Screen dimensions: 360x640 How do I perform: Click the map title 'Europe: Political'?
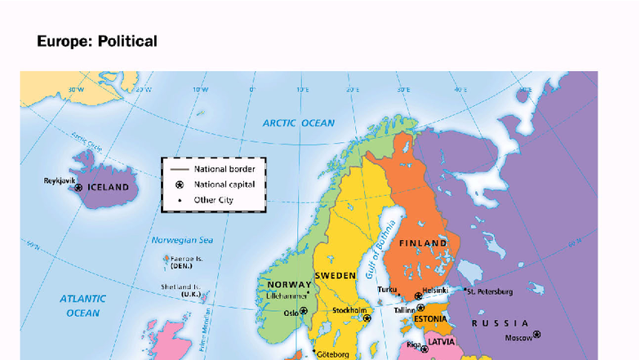(x=97, y=41)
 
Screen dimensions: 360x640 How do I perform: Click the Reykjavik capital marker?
(x=78, y=188)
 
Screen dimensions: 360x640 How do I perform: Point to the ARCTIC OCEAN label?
(x=298, y=123)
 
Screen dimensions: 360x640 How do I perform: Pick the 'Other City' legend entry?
(x=214, y=199)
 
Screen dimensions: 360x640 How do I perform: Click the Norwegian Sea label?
(x=182, y=240)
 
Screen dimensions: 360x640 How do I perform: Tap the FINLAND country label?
(x=423, y=243)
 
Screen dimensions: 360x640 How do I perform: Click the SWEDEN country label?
(x=336, y=276)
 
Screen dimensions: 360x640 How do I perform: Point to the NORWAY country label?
(x=284, y=285)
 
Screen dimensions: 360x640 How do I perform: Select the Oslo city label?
(x=291, y=312)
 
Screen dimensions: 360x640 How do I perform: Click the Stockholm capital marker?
(x=367, y=318)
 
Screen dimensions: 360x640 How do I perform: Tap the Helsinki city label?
(x=436, y=289)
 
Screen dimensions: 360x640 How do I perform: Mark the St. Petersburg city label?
(x=491, y=291)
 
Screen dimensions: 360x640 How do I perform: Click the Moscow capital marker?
(x=536, y=335)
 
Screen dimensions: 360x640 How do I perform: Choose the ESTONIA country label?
(x=429, y=319)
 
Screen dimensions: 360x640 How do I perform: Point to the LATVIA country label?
(x=441, y=342)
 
